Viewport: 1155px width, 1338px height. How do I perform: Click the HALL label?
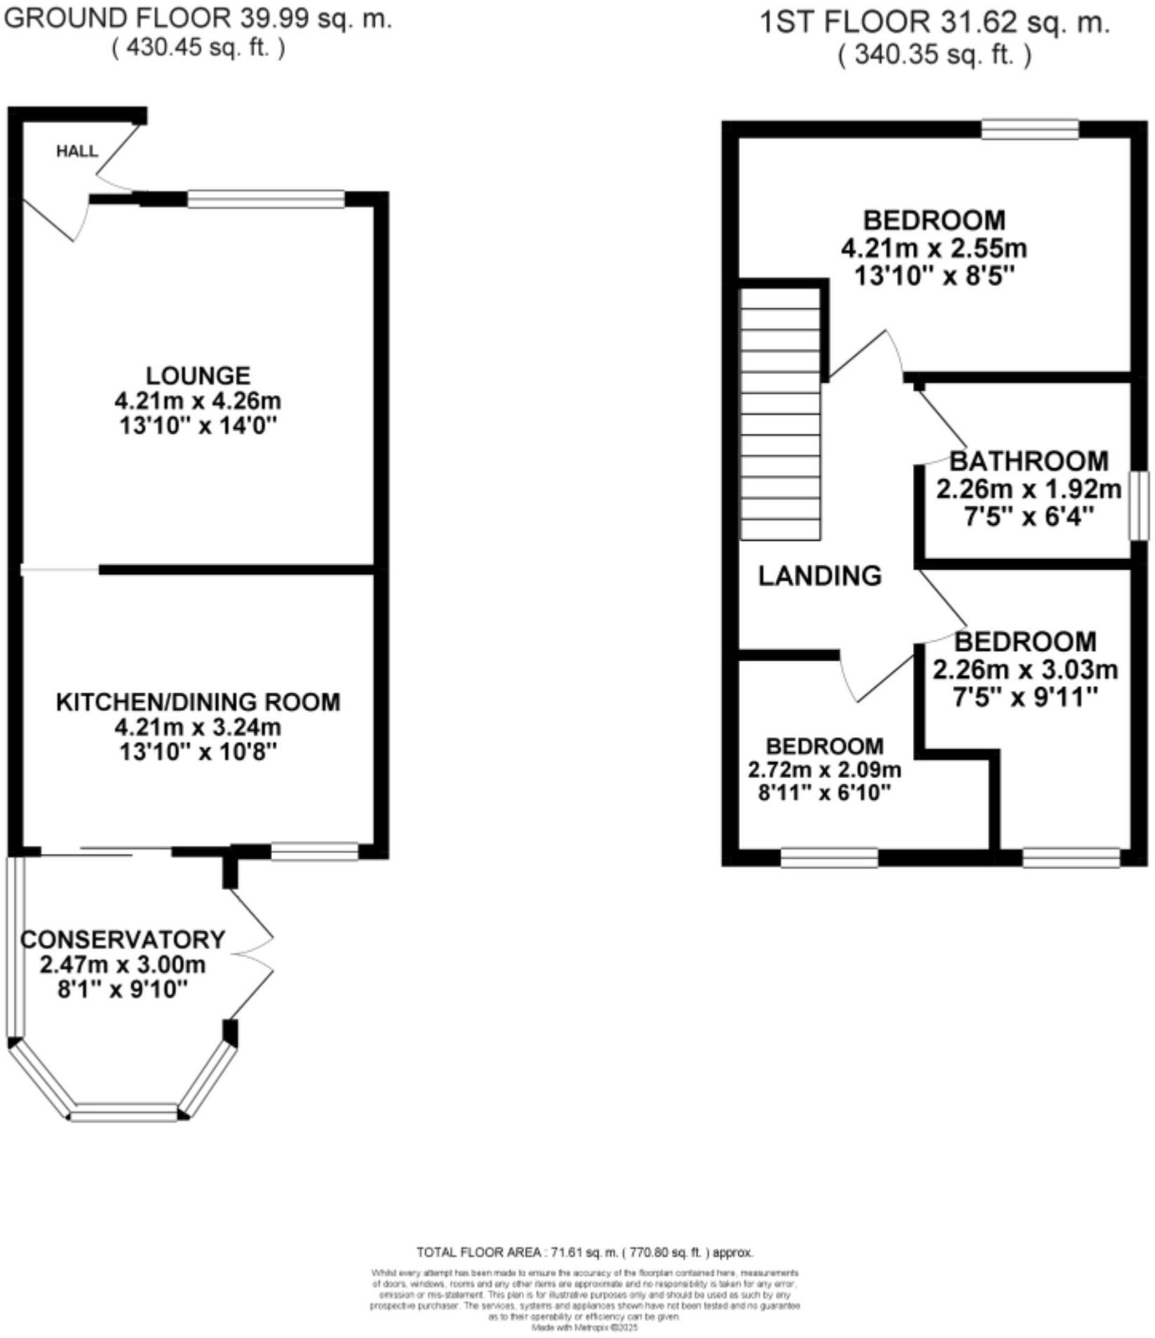(x=77, y=152)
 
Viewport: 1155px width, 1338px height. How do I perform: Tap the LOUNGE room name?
(x=198, y=376)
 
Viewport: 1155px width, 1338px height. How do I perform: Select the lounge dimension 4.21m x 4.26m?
(x=198, y=401)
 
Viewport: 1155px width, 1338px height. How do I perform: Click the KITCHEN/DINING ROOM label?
(x=198, y=702)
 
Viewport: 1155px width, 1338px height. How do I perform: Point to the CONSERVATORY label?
(x=123, y=939)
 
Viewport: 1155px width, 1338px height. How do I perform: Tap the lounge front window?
(x=266, y=199)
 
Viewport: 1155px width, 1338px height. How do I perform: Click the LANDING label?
(x=820, y=576)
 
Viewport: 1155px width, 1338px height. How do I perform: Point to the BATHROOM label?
(x=1028, y=462)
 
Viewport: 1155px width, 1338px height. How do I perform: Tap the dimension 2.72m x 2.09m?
(x=825, y=770)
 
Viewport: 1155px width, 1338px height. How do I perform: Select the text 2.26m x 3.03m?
(x=1025, y=670)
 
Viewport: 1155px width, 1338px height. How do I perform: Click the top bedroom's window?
(x=1029, y=129)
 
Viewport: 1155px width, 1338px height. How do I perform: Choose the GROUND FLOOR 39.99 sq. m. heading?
(x=198, y=18)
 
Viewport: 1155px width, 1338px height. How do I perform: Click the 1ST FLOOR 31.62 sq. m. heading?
(x=935, y=23)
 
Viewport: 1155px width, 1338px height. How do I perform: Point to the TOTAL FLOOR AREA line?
(x=584, y=1252)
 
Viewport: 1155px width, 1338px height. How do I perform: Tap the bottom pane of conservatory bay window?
(x=125, y=1112)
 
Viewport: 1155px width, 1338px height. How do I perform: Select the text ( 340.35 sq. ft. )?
(x=935, y=55)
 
